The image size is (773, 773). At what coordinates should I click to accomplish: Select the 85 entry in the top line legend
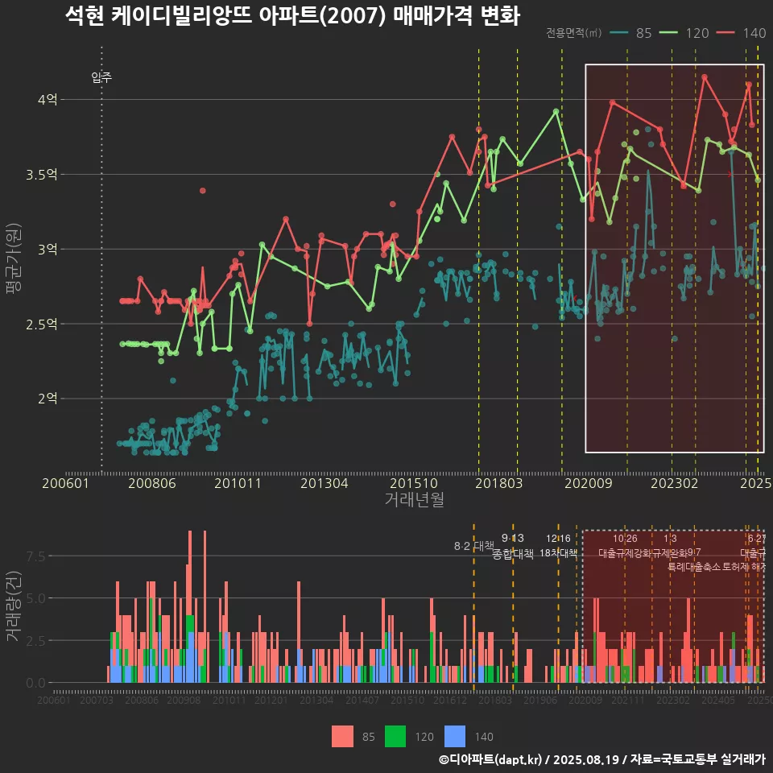pyautogui.click(x=632, y=33)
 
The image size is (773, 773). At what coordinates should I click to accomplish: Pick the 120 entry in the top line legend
pyautogui.click(x=685, y=33)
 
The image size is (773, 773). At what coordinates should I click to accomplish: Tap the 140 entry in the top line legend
pyautogui.click(x=743, y=33)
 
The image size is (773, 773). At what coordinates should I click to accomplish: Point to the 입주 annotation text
pyautogui.click(x=101, y=78)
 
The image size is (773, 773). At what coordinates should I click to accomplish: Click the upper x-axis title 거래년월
pyautogui.click(x=414, y=500)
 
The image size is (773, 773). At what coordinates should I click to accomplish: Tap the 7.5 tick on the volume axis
pyautogui.click(x=35, y=556)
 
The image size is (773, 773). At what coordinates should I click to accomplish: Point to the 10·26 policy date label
pyautogui.click(x=625, y=539)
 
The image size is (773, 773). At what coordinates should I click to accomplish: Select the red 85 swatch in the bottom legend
pyautogui.click(x=343, y=736)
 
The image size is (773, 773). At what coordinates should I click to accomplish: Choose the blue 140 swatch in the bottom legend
pyautogui.click(x=455, y=736)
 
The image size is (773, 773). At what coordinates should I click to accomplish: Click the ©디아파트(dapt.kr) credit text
pyautogui.click(x=491, y=759)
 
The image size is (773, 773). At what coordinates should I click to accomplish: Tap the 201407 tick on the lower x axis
pyautogui.click(x=362, y=701)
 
